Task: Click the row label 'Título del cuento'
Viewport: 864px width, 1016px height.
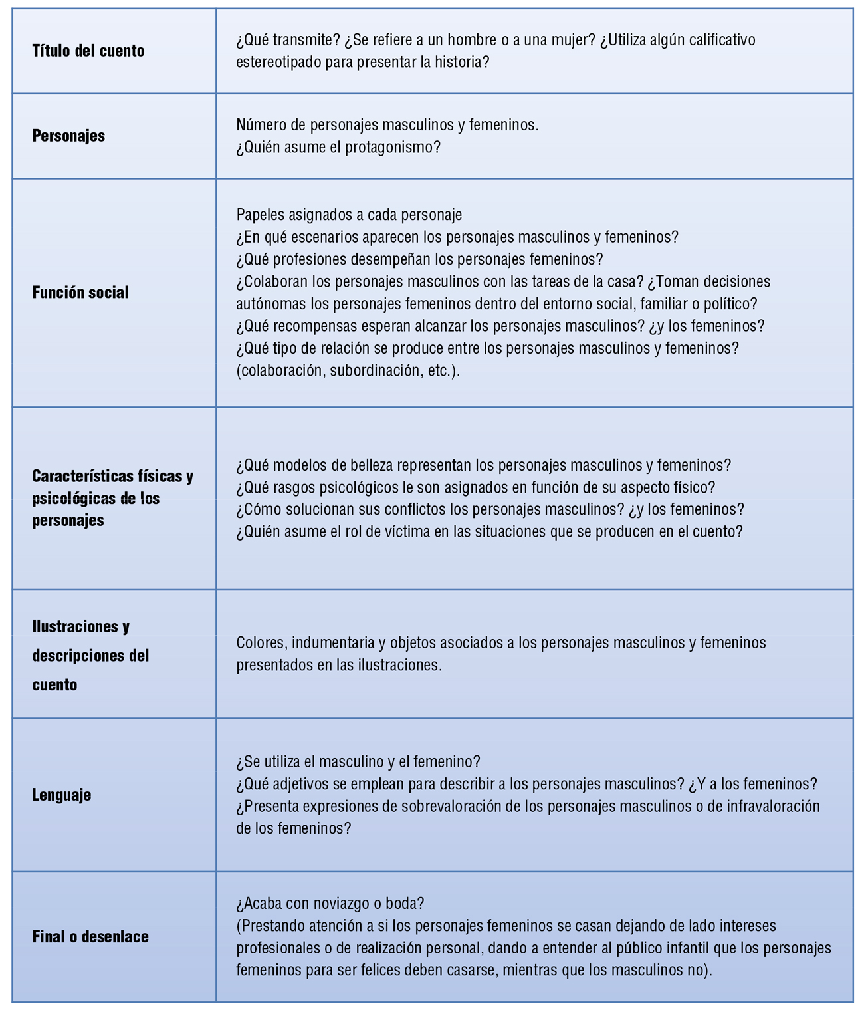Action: point(88,51)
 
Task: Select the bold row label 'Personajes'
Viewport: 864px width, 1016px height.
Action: point(68,136)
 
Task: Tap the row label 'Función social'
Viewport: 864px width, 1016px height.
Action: point(80,293)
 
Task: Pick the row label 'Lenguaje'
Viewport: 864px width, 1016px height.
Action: point(62,795)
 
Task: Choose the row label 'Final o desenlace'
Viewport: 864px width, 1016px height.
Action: point(90,937)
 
